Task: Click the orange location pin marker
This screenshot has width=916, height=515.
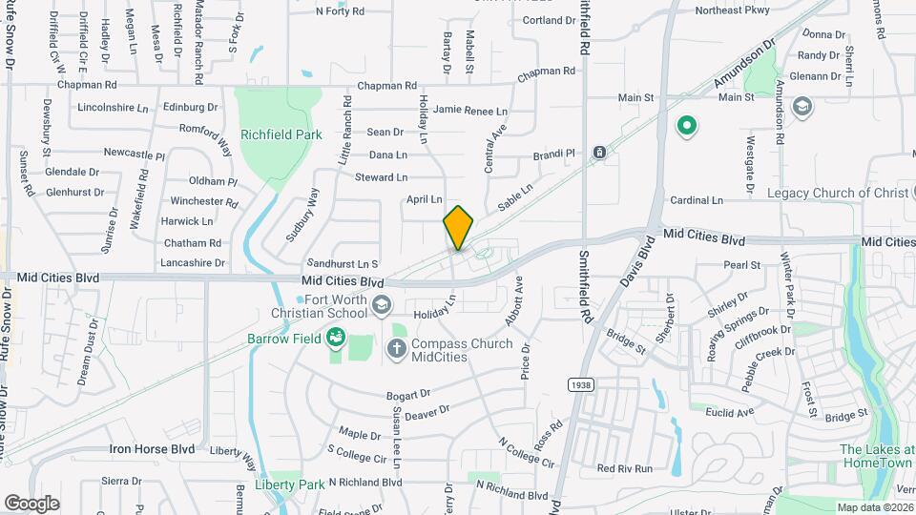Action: click(x=458, y=227)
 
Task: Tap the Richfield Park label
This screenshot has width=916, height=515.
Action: click(x=281, y=135)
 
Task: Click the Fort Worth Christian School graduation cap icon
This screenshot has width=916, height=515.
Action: click(x=382, y=304)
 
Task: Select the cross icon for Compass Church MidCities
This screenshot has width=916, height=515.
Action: click(x=397, y=350)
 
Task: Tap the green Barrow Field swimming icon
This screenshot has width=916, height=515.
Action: click(x=335, y=337)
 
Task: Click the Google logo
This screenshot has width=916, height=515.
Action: click(x=31, y=503)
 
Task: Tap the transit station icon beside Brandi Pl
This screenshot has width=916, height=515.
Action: click(x=599, y=153)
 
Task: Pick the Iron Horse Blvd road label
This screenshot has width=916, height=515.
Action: click(x=152, y=448)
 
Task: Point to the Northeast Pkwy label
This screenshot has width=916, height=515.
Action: click(x=732, y=11)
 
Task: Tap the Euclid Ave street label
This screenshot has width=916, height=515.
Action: click(x=732, y=412)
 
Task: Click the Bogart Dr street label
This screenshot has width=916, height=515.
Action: click(x=409, y=394)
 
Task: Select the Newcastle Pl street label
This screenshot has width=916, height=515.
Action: click(x=135, y=153)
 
